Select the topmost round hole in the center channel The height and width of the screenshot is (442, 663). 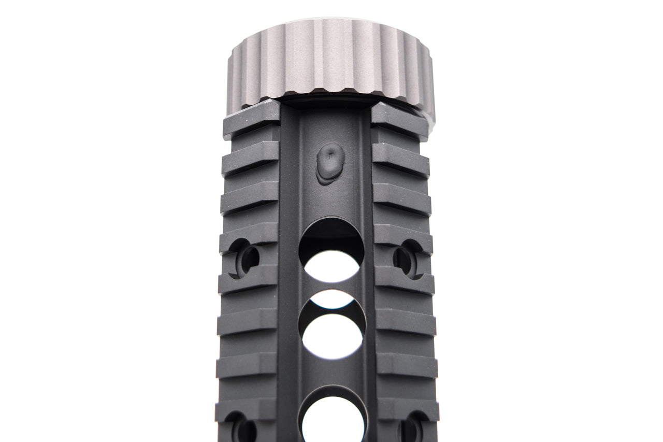(x=331, y=251)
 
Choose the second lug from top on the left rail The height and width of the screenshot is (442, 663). (x=251, y=157)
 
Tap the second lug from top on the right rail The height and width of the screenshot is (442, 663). (x=400, y=158)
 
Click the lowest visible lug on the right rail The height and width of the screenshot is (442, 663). (x=408, y=408)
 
